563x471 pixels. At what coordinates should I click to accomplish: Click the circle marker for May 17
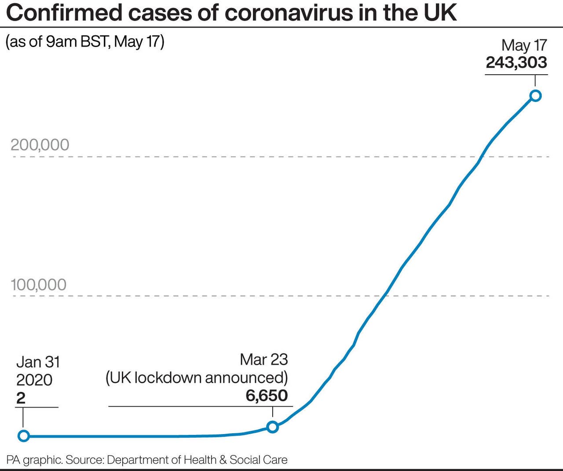tap(535, 95)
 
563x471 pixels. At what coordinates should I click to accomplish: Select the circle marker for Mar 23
tap(273, 427)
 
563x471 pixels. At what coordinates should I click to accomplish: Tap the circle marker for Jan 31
tap(24, 436)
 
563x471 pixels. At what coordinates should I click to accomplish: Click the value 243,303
tap(516, 62)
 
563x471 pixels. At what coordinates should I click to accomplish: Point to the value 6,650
tap(267, 395)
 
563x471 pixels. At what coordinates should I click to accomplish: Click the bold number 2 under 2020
tap(21, 398)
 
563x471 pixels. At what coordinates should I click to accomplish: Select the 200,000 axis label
tap(40, 145)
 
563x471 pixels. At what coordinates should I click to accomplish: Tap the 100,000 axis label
tap(39, 285)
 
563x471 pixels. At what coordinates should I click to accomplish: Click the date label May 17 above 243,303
tap(524, 45)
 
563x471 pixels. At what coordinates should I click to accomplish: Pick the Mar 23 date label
tap(264, 359)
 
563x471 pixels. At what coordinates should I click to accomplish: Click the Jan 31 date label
tap(38, 362)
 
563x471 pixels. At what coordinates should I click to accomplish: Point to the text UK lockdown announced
tap(197, 378)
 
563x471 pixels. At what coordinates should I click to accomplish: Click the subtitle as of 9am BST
tap(84, 42)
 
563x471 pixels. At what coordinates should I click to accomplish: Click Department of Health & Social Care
tap(197, 460)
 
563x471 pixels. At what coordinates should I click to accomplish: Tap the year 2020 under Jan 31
tap(34, 380)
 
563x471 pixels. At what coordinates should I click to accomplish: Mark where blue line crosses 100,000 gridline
tap(385, 296)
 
